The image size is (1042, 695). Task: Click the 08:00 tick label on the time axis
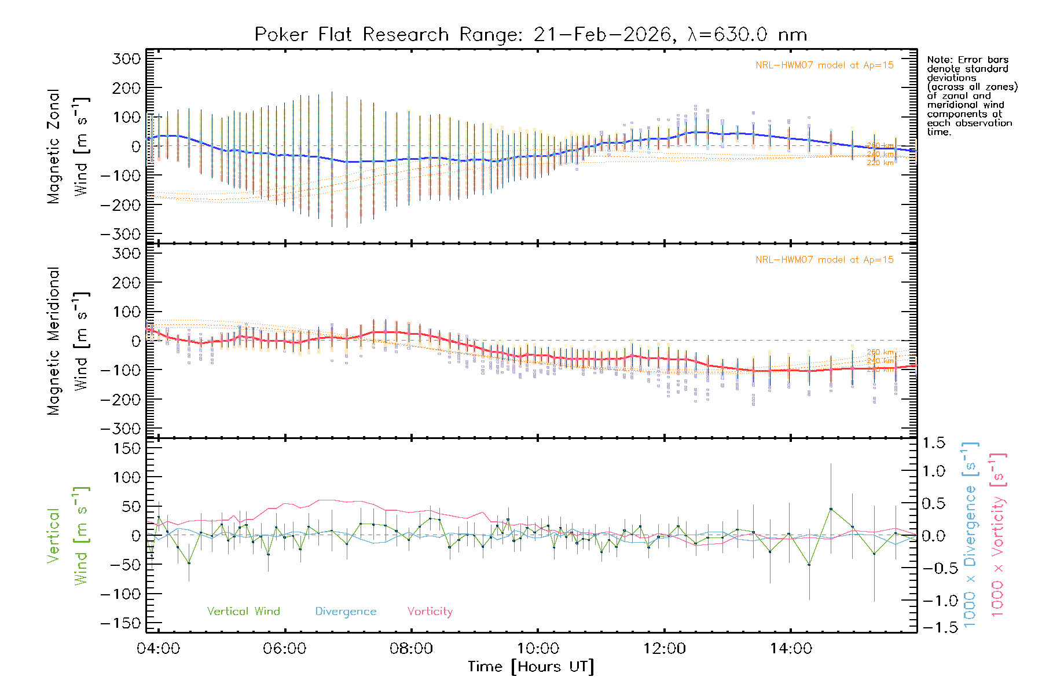pos(411,649)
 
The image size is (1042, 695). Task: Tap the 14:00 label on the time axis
pos(791,649)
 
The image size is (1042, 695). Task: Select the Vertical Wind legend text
pos(243,612)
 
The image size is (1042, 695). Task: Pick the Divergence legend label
pos(346,612)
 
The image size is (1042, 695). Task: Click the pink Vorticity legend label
pos(430,612)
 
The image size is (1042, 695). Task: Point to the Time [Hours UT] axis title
pos(531,667)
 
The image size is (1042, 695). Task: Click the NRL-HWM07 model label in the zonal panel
pos(824,65)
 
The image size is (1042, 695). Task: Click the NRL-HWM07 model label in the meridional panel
pos(824,260)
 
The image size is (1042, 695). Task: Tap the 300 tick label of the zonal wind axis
pos(127,58)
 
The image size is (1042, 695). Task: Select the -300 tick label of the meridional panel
pos(120,429)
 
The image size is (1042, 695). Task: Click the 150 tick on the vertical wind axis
pos(127,448)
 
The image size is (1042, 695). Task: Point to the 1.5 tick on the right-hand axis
pos(933,443)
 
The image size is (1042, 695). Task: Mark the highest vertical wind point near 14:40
pos(831,509)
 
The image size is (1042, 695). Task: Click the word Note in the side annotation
pos(939,60)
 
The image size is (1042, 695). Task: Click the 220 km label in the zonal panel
pos(880,163)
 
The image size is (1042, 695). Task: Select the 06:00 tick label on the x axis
pos(284,649)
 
